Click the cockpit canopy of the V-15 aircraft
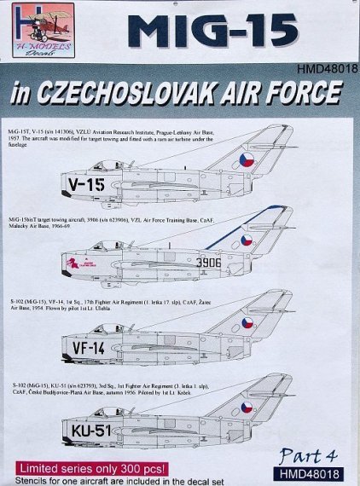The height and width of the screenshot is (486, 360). point(106,164)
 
